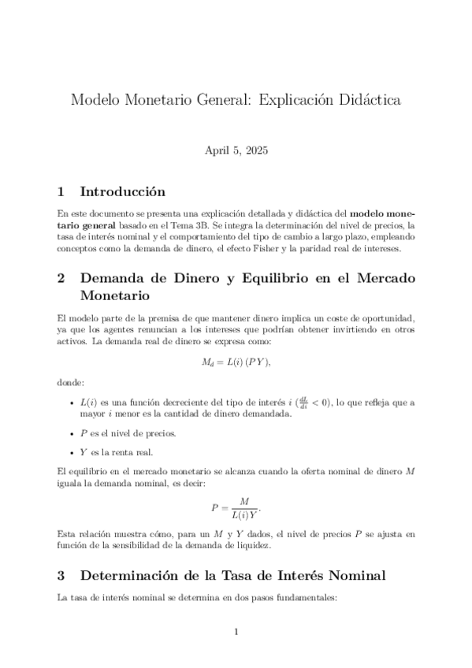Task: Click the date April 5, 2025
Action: (x=236, y=151)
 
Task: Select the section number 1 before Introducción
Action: (x=62, y=191)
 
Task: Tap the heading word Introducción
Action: (x=123, y=191)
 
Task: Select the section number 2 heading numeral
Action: (x=62, y=279)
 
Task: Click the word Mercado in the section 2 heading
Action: (x=379, y=279)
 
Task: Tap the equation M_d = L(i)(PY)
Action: (x=236, y=362)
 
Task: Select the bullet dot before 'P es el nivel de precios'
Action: (x=72, y=434)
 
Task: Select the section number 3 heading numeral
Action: (x=62, y=576)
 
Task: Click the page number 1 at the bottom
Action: (x=236, y=631)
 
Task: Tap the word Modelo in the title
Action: (x=93, y=102)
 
